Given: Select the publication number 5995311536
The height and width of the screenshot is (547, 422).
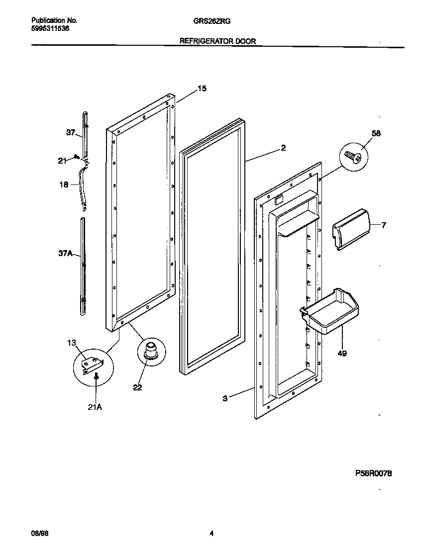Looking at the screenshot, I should (50, 29).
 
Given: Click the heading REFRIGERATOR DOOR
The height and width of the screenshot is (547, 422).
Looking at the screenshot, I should (217, 42).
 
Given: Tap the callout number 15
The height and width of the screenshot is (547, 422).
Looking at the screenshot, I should (202, 89).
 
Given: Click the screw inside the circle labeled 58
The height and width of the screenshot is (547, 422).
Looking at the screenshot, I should (354, 157).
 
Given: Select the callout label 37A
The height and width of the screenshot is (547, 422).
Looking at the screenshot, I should (66, 254).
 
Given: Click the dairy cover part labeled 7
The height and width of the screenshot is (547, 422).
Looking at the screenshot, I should (352, 228).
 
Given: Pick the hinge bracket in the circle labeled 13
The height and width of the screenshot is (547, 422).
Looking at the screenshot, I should (92, 364).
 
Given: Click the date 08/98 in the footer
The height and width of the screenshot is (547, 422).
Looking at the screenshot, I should (39, 534).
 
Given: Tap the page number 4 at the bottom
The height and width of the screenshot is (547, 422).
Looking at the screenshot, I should (211, 534).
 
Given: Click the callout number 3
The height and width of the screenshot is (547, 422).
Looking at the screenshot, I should (225, 398).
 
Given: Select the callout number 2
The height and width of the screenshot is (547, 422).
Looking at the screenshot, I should (283, 148).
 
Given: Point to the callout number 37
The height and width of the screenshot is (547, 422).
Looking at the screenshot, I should (71, 132).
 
